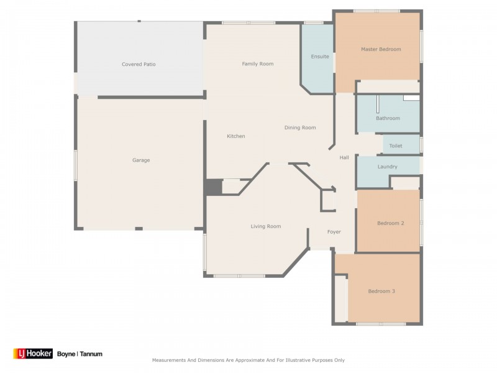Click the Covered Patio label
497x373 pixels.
139,64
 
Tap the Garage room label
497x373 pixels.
141,160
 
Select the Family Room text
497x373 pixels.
258,64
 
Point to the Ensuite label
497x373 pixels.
320,57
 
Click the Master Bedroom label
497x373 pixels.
381,49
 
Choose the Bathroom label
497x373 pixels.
388,118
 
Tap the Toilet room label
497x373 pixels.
396,146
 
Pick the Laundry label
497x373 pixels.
387,167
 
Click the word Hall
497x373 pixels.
344,157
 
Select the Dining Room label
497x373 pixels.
300,127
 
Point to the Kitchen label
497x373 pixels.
236,136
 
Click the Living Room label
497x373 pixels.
266,226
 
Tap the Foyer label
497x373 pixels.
334,232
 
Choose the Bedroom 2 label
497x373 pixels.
391,223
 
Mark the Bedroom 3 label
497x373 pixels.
381,291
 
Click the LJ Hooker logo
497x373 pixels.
33,354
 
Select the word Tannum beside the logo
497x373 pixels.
91,354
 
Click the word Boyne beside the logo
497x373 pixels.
66,354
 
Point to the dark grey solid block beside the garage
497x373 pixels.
212,187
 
